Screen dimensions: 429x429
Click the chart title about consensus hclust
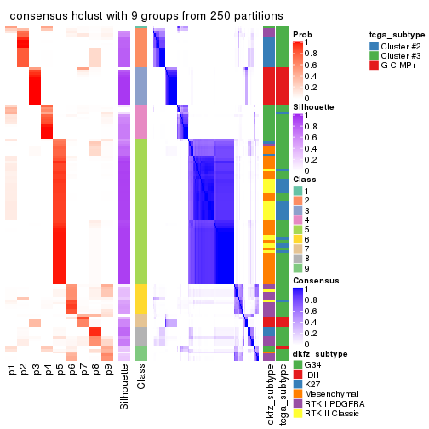tap(146, 16)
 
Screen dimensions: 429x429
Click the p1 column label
tap(12, 370)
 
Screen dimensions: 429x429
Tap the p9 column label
tap(107, 370)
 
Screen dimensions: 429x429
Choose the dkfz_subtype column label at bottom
tap(269, 393)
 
